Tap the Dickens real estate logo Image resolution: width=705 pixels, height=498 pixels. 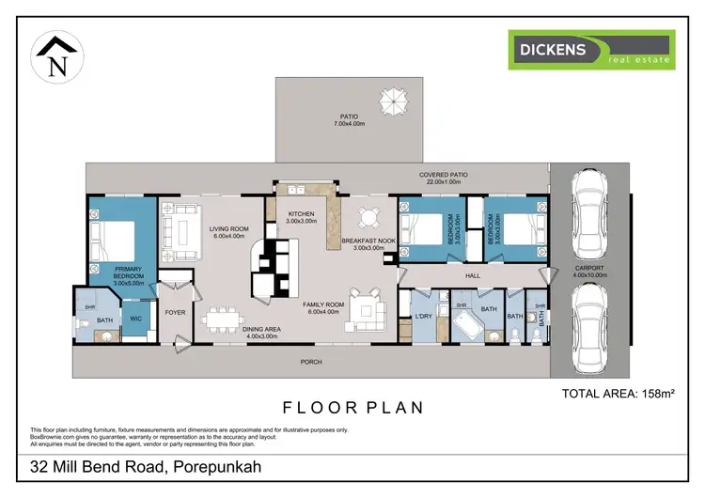[x=591, y=50]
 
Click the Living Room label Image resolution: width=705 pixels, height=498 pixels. [x=227, y=231]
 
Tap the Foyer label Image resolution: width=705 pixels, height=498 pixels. [x=176, y=313]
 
